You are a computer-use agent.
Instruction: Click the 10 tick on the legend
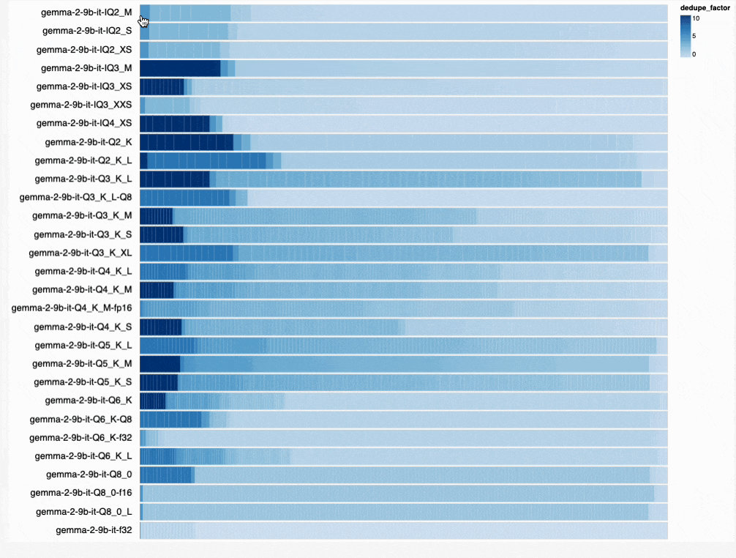point(696,20)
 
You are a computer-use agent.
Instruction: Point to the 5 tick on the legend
point(694,36)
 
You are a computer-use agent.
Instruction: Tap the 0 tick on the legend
point(694,53)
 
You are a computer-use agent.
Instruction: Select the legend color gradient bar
point(685,36)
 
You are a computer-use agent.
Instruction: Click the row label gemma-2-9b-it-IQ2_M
point(87,12)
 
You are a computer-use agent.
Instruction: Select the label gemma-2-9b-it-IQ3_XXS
point(84,105)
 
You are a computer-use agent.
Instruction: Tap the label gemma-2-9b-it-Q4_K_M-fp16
point(72,308)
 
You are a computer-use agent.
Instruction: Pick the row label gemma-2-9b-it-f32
point(94,529)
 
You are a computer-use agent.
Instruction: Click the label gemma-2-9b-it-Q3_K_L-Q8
point(76,197)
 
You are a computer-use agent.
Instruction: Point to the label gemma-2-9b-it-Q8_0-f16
point(81,492)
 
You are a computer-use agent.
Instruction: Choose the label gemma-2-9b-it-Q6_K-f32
point(80,437)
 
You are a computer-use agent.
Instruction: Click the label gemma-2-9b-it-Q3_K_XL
point(80,253)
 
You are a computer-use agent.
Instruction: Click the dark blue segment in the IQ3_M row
point(180,68)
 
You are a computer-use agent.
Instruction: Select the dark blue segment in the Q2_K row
point(186,142)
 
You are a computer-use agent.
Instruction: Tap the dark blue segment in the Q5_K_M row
point(159,363)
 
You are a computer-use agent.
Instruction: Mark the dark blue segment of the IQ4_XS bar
point(174,123)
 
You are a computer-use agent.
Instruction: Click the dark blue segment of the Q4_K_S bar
point(160,327)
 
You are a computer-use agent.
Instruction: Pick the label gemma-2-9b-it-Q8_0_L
point(84,511)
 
